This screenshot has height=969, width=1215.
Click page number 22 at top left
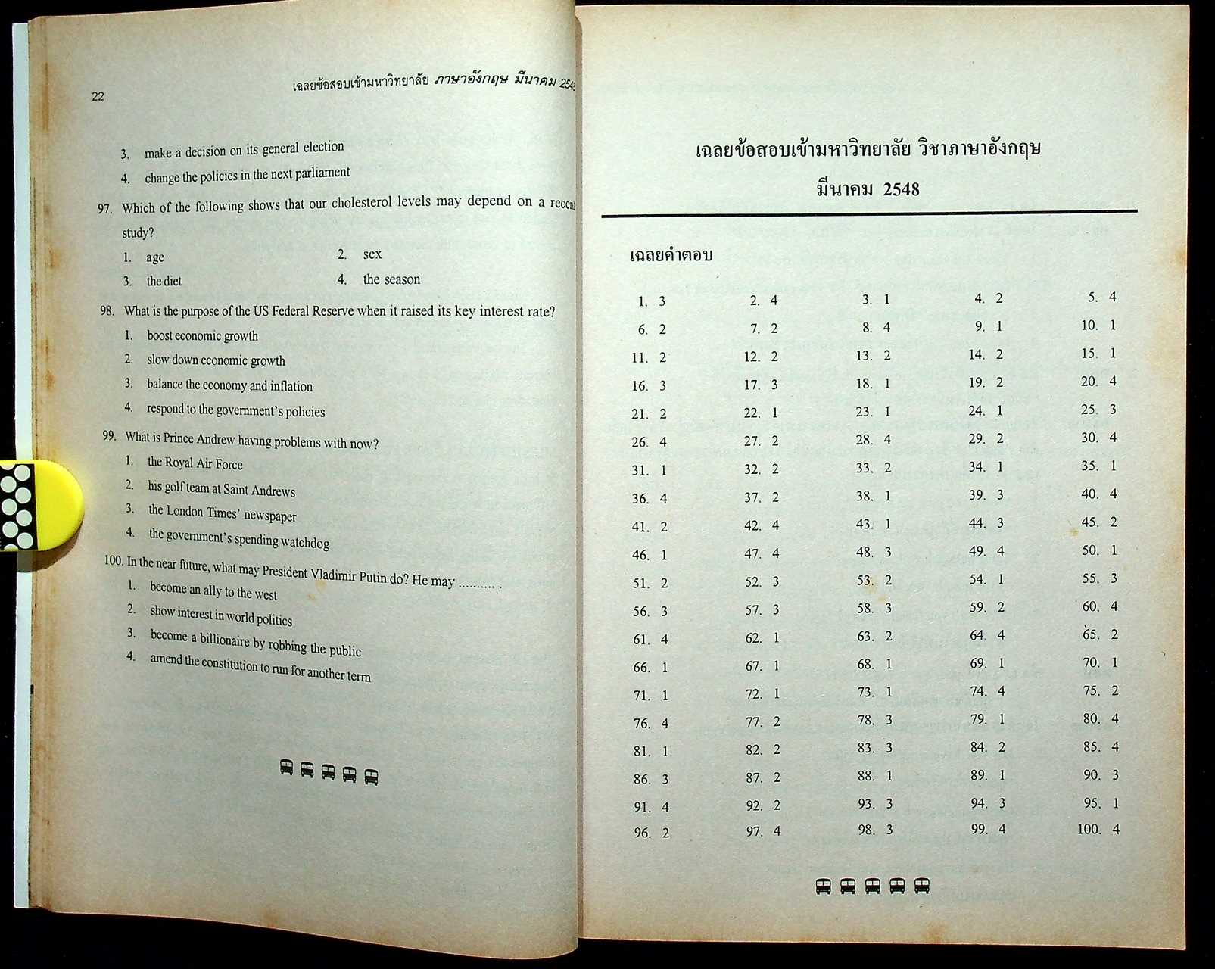click(98, 96)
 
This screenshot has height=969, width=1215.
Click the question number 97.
click(104, 208)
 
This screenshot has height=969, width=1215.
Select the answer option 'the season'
click(391, 279)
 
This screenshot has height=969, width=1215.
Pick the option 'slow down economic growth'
click(216, 360)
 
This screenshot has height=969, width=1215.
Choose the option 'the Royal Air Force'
click(195, 463)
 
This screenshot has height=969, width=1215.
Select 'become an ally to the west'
click(213, 590)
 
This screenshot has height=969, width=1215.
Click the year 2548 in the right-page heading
click(900, 189)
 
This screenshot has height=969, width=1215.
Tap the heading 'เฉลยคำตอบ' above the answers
click(671, 256)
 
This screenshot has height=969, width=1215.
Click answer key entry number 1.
click(651, 301)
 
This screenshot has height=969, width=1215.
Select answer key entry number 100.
click(1098, 829)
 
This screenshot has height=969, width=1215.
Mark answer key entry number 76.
click(650, 724)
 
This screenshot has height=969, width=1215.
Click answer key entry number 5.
click(1102, 297)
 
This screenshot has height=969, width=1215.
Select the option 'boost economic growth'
click(202, 336)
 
